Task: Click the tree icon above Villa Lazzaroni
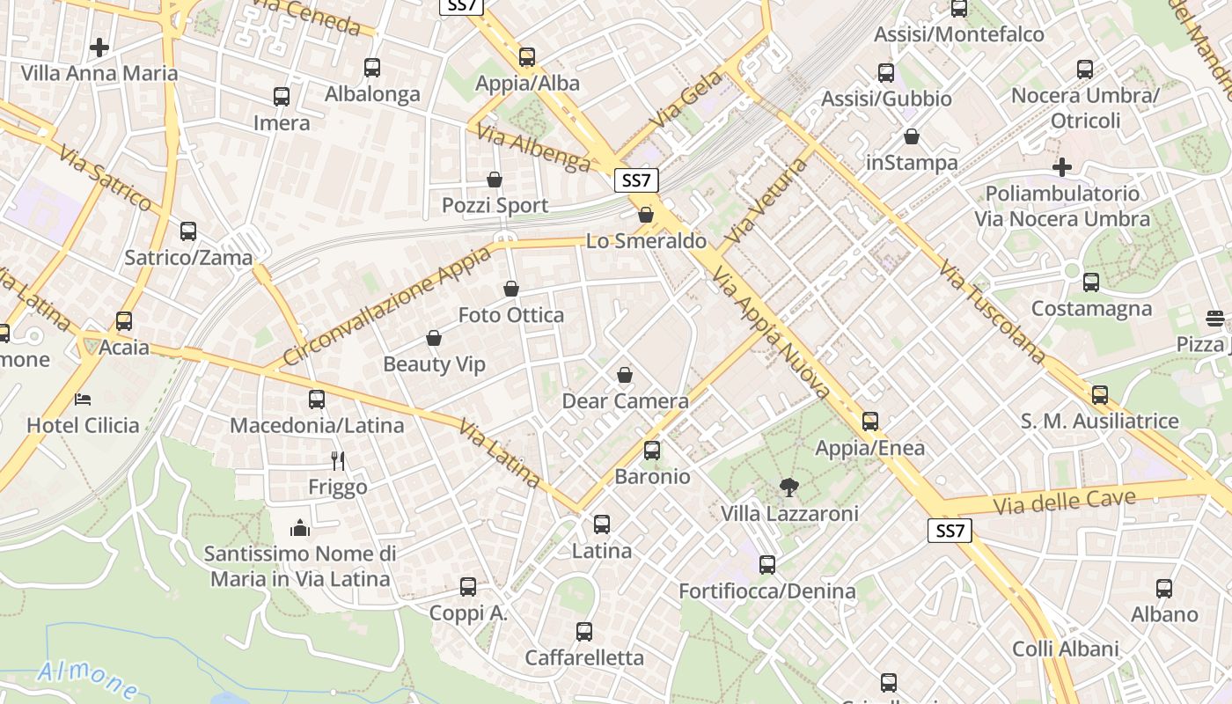click(788, 487)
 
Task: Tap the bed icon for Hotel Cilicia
click(83, 400)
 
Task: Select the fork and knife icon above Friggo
click(337, 460)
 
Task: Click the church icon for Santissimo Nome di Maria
click(299, 528)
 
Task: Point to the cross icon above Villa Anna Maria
click(99, 47)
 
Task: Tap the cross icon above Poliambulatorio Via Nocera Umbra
click(1062, 167)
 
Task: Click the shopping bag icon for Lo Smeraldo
click(646, 215)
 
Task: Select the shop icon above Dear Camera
click(625, 376)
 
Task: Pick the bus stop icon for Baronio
click(652, 451)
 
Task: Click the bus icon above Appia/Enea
click(870, 422)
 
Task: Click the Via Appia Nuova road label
click(773, 334)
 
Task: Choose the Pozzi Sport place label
click(495, 205)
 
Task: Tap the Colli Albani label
click(1065, 649)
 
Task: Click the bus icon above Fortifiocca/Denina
click(767, 565)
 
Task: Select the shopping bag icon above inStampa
click(912, 137)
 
